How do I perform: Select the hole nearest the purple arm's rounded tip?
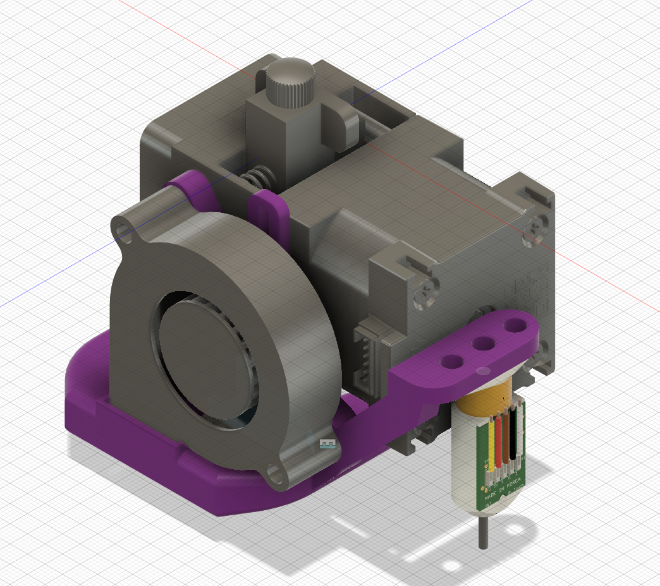(517, 326)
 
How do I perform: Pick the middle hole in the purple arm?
(484, 344)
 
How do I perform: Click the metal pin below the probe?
(484, 530)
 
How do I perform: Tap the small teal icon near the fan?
(326, 445)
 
